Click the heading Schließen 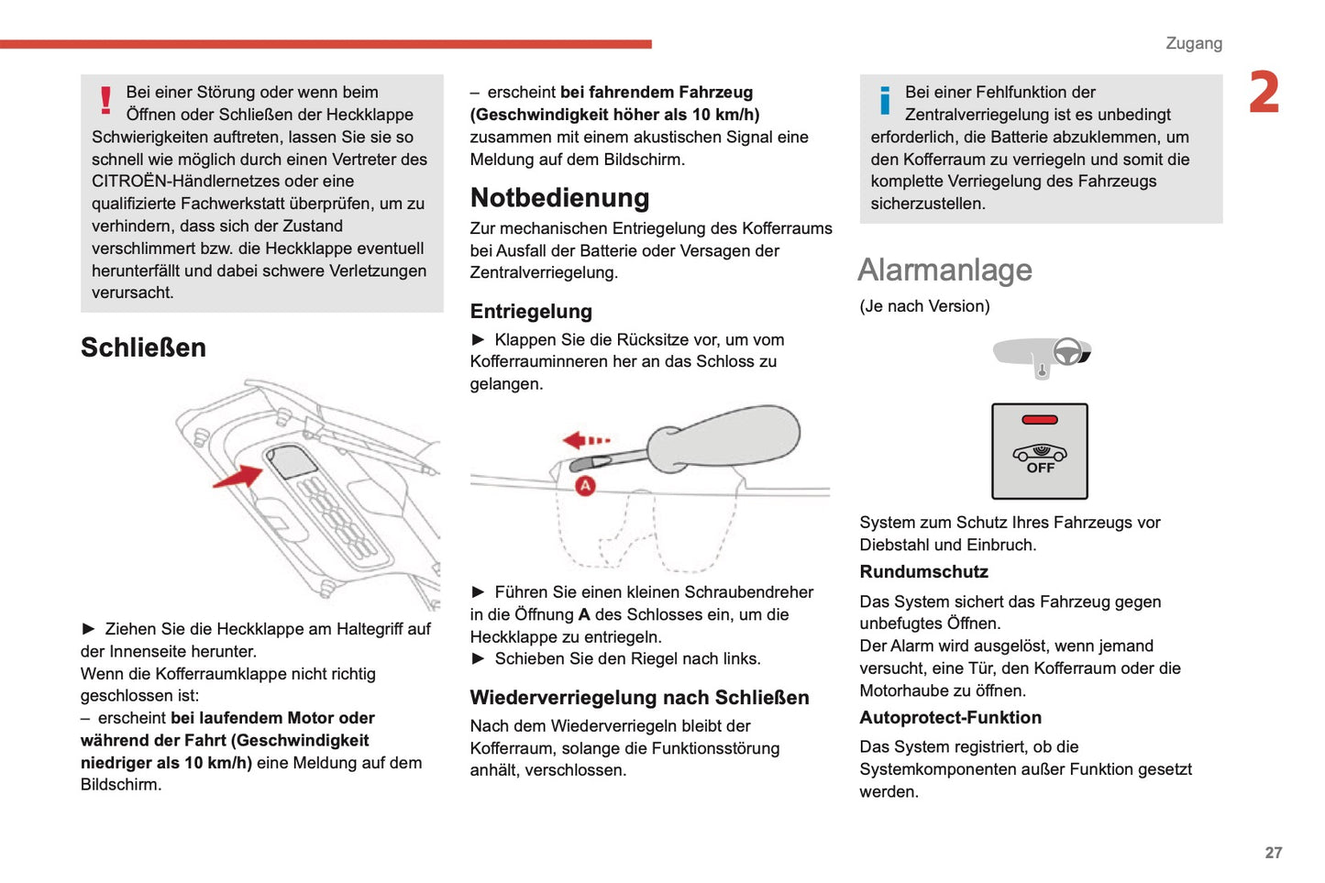click(x=143, y=348)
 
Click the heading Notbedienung click(x=559, y=198)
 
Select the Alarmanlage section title click(x=944, y=270)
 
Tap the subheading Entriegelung click(x=531, y=312)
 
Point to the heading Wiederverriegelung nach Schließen click(x=639, y=698)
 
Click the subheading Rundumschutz click(x=923, y=572)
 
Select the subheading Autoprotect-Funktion click(x=950, y=718)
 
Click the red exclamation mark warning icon click(x=106, y=100)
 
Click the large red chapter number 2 click(x=1264, y=94)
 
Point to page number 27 click(x=1273, y=853)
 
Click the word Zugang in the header click(x=1193, y=43)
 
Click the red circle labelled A click(x=585, y=486)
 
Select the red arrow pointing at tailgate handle click(x=237, y=476)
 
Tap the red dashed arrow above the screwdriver click(x=586, y=441)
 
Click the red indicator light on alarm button click(x=1040, y=420)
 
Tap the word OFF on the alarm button click(x=1040, y=469)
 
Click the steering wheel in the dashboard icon click(x=1066, y=351)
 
